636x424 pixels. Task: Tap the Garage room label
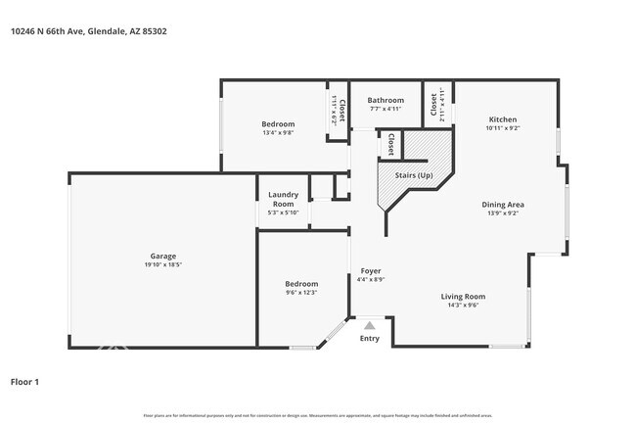pos(162,257)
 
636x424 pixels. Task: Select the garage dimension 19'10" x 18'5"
pos(162,265)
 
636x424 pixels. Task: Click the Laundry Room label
pos(283,199)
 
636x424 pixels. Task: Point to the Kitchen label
pos(502,118)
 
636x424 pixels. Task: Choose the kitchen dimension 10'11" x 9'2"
pos(502,128)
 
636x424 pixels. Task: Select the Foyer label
pos(371,270)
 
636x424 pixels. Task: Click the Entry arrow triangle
pos(370,325)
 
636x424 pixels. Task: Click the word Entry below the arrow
pos(370,339)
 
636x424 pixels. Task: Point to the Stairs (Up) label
pos(412,175)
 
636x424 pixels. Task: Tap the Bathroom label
pos(386,100)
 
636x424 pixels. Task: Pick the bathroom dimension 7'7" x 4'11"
pos(386,109)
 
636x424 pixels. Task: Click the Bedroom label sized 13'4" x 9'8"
pos(277,123)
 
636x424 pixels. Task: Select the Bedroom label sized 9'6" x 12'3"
pos(301,283)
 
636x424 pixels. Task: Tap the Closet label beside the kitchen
pos(433,104)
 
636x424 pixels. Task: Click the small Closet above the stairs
pos(390,145)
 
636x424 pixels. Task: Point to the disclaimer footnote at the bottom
pos(318,415)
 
